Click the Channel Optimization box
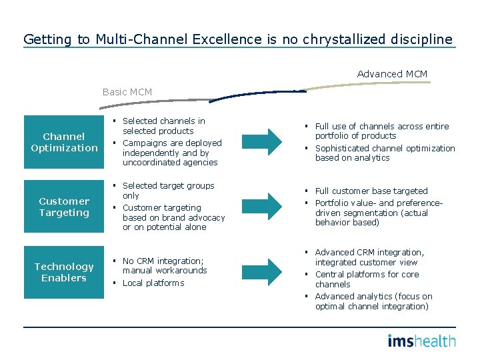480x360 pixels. click(64, 142)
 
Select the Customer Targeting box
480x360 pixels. click(64, 207)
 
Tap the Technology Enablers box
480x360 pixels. click(64, 272)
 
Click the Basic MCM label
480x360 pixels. click(127, 92)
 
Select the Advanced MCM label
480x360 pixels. click(392, 74)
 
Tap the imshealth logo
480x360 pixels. click(421, 341)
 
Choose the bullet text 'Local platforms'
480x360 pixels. click(153, 283)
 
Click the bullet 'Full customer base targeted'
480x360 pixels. click(371, 191)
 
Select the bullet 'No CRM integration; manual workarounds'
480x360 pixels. click(164, 266)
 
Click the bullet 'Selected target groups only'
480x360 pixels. click(168, 191)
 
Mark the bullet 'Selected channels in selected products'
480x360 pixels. click(163, 126)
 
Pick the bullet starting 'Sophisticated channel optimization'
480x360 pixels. click(385, 153)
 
